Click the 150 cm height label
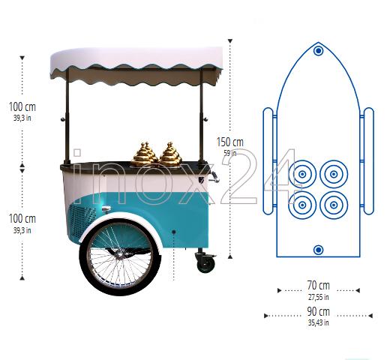coord(230,142)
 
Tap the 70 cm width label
coord(319,285)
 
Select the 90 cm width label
coord(319,312)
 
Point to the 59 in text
coord(230,153)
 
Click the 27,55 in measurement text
coord(319,297)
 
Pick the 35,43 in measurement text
coord(319,322)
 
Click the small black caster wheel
coord(206,264)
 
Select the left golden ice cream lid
coord(145,154)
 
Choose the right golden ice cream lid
coord(170,154)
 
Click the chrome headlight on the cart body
coord(106,208)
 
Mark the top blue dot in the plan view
coord(318,51)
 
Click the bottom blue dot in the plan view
coord(318,250)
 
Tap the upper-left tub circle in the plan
coord(302,174)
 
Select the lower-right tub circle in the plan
coord(334,205)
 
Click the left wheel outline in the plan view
coord(268,161)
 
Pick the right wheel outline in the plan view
coord(368,161)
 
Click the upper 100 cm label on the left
coord(22,106)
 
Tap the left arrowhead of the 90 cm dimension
coord(266,316)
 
